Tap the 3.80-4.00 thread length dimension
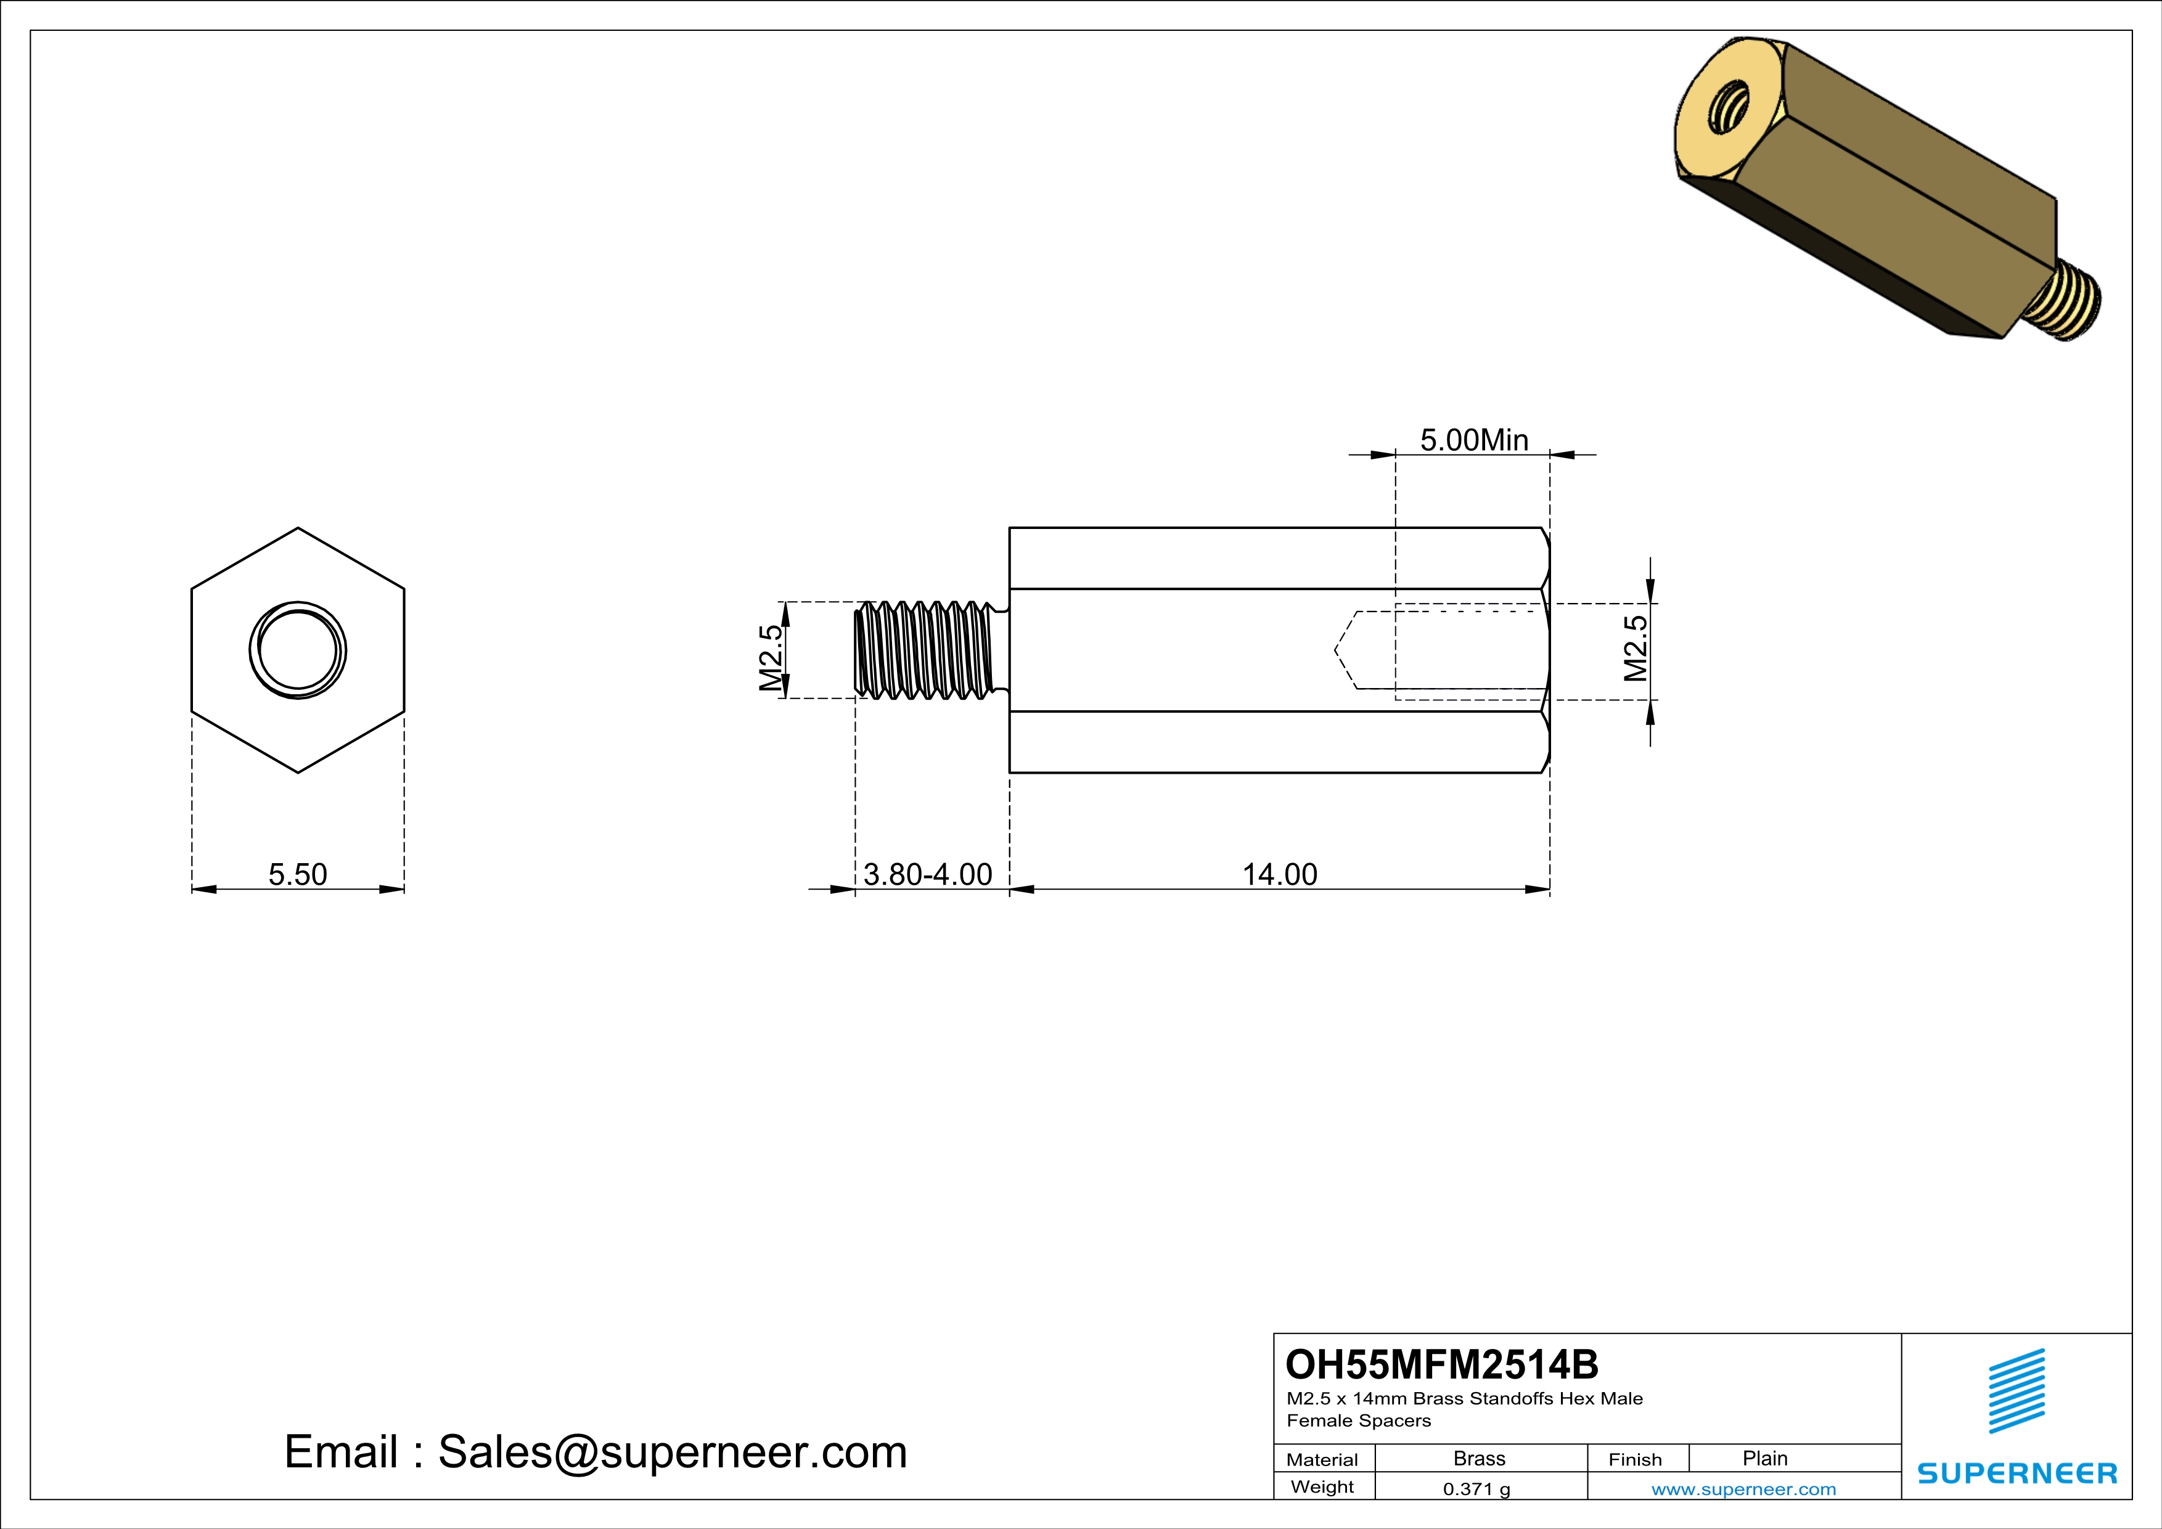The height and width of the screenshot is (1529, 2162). click(x=928, y=875)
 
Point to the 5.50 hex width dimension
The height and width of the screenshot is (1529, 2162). click(x=298, y=875)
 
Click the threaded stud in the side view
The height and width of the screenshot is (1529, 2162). click(x=928, y=650)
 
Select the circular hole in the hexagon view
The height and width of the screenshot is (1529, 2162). click(x=298, y=650)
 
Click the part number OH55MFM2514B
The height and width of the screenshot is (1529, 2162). click(x=1442, y=1364)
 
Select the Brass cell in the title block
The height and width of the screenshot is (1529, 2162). click(x=1480, y=1458)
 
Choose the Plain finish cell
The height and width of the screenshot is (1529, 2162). click(x=1764, y=1458)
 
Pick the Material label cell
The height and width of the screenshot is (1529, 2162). click(x=1322, y=1459)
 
